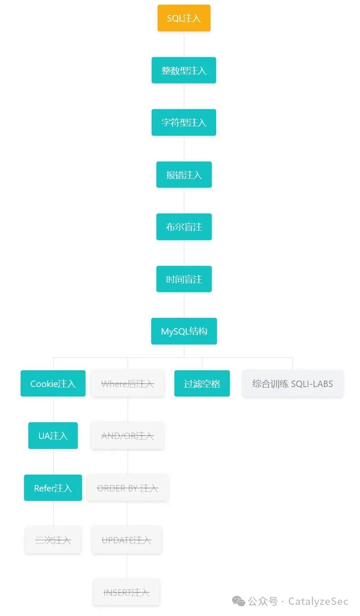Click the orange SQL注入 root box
tap(184, 18)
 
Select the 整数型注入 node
tap(184, 70)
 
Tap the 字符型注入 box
tap(184, 122)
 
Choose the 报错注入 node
tap(184, 175)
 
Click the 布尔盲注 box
tap(184, 227)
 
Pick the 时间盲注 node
tap(184, 279)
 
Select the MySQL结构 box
tap(184, 331)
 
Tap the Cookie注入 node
tap(53, 384)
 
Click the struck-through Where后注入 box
tap(128, 384)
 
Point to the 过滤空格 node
tap(202, 384)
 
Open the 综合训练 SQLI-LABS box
tap(293, 384)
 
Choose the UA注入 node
tap(53, 436)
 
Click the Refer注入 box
tap(53, 488)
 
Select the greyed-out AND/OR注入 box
tap(128, 436)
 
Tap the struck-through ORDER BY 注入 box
tap(128, 488)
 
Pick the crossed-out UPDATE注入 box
tap(127, 540)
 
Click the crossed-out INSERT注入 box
tap(127, 592)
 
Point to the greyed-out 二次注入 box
tap(53, 540)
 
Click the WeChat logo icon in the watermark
tap(238, 601)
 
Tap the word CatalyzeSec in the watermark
tap(318, 601)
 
